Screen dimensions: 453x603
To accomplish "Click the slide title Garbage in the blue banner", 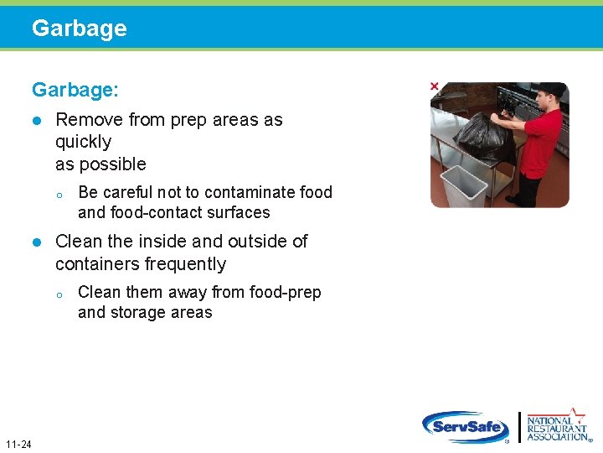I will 80,29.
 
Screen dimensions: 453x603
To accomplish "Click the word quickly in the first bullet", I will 83,142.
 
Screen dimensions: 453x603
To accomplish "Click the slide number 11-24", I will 18,444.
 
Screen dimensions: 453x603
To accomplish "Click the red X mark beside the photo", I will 434,86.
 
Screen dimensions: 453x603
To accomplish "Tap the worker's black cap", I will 552,89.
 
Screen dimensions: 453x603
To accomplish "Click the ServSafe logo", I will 466,427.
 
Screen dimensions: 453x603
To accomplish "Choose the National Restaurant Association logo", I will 556,426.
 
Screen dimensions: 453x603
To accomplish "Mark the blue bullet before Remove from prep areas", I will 36,120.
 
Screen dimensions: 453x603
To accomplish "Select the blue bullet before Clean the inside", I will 36,242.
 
